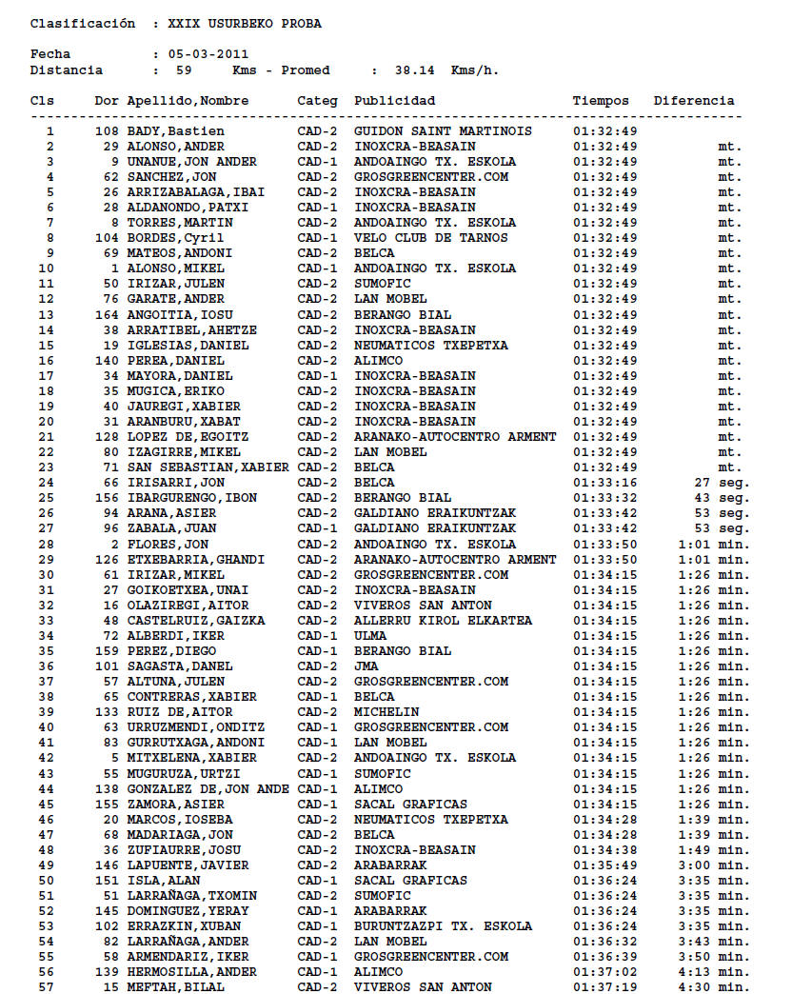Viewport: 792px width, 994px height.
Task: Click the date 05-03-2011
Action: pos(208,54)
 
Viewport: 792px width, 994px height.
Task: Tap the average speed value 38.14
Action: pos(411,70)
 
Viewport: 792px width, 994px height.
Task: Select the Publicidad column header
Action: pos(394,100)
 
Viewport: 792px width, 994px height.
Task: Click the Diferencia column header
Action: pos(693,100)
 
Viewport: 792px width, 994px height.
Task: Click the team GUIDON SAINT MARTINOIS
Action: pos(443,131)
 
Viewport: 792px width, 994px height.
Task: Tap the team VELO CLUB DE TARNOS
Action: pos(430,238)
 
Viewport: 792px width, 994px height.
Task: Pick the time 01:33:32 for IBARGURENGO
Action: pos(604,498)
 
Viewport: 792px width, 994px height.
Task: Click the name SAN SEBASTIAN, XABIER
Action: pos(208,467)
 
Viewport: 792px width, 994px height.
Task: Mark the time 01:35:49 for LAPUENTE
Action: pos(604,865)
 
